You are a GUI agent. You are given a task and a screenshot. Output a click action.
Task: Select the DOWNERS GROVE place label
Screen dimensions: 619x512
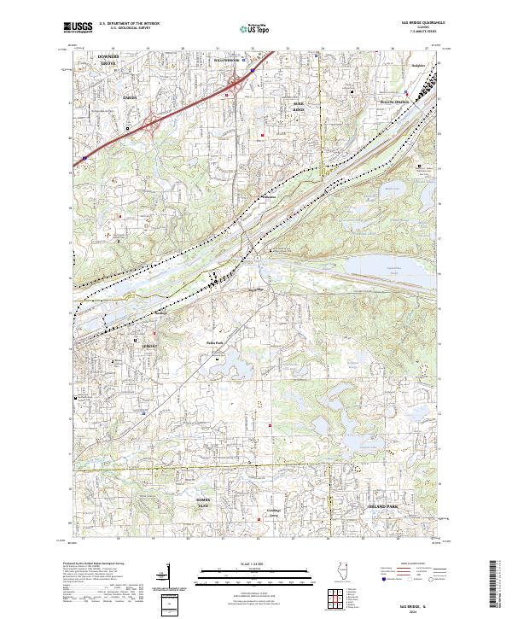click(x=108, y=60)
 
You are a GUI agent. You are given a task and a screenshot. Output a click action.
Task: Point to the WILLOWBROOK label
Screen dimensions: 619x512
click(x=230, y=61)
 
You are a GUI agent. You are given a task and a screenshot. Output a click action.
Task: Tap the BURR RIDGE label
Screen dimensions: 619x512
click(x=298, y=108)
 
